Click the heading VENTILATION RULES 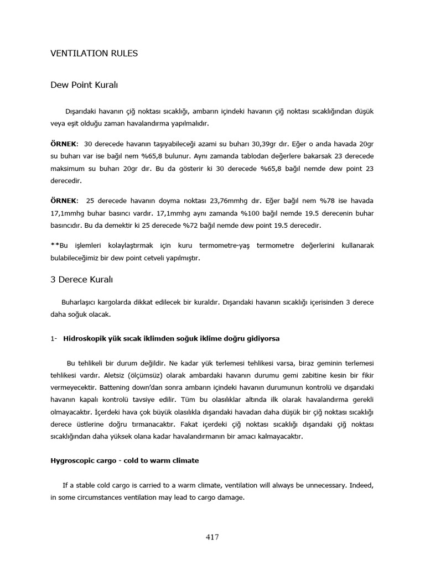(x=94, y=54)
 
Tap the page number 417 (x=212, y=537)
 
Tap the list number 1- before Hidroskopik (x=53, y=338)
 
